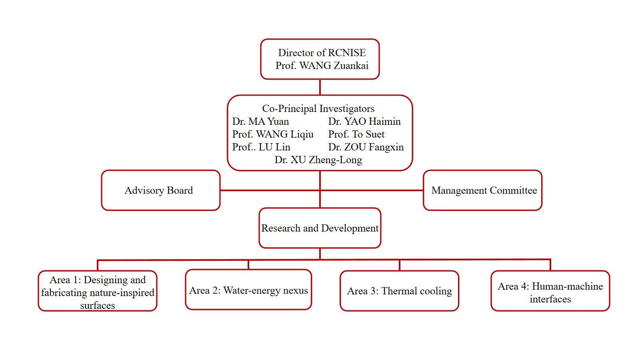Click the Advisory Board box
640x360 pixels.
(160, 190)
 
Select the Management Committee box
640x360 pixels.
(482, 190)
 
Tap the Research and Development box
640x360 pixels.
(320, 228)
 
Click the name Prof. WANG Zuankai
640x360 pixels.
(322, 66)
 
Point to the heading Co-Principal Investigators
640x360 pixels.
(318, 108)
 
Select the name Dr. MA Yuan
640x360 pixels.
(260, 122)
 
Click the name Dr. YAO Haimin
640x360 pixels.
(364, 122)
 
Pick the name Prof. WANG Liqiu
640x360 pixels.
(272, 134)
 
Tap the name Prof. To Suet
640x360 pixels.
(356, 134)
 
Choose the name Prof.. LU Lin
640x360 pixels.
(261, 147)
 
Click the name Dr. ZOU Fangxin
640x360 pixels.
(366, 147)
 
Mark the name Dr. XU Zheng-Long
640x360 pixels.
(318, 160)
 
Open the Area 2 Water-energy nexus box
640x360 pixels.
(248, 290)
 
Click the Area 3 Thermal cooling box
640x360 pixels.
(399, 291)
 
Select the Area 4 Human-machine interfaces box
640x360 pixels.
(550, 291)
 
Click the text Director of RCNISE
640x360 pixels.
(322, 53)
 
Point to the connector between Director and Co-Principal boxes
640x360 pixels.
(320, 87)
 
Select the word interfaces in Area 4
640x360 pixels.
(550, 299)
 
